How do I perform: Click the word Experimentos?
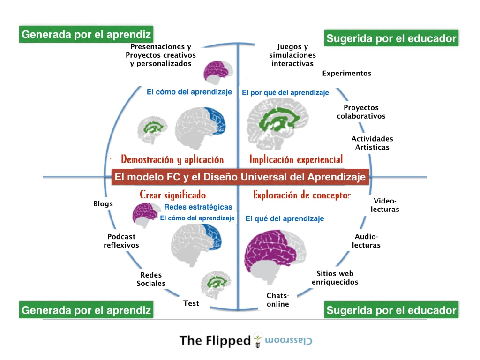346,73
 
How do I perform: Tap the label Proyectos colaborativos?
361,112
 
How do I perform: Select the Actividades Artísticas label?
372,143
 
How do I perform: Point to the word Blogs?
103,204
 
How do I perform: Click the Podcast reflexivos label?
121,241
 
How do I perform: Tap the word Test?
191,303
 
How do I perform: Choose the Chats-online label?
278,300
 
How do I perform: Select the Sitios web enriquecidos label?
335,278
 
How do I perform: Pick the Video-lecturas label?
385,205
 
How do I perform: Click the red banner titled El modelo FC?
240,177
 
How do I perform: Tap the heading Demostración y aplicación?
172,159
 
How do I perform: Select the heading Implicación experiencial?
296,159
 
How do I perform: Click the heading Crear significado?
172,195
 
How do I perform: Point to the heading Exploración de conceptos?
301,195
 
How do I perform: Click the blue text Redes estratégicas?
198,207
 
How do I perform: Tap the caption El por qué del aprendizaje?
285,93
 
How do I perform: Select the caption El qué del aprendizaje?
285,218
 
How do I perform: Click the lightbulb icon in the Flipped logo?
257,340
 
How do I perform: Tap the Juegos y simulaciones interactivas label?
292,55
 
